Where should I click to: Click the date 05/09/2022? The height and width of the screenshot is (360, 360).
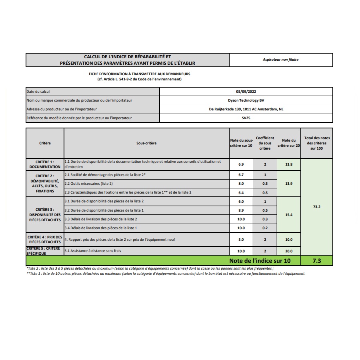[246, 92]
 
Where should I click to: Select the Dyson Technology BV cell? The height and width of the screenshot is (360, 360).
[246, 100]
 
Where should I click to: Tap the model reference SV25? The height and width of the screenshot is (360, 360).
[246, 118]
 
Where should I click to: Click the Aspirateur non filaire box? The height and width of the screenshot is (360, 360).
[281, 60]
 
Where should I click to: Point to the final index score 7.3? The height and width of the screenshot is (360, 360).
[317, 261]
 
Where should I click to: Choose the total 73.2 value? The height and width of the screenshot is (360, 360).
[317, 207]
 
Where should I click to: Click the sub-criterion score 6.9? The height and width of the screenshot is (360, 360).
[241, 164]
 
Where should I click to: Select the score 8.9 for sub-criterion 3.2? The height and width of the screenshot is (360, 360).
[241, 210]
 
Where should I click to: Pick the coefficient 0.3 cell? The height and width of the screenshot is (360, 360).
[265, 219]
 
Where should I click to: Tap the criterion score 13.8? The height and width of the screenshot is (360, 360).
[289, 164]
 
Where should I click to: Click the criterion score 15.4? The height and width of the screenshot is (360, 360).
[289, 215]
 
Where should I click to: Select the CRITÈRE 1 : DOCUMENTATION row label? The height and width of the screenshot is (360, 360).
[45, 164]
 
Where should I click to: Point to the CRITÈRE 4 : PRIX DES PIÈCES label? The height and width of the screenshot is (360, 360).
[45, 239]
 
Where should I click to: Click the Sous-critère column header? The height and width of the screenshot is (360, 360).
[146, 143]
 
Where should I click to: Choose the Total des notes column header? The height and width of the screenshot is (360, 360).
[317, 143]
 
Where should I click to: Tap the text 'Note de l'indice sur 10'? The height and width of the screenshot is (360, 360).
[260, 261]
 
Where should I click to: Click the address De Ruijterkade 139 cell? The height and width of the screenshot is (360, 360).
[246, 109]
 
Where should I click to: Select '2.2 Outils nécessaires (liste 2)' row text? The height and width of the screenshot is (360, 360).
[89, 184]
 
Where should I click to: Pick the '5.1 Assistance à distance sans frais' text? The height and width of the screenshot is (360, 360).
[93, 251]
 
